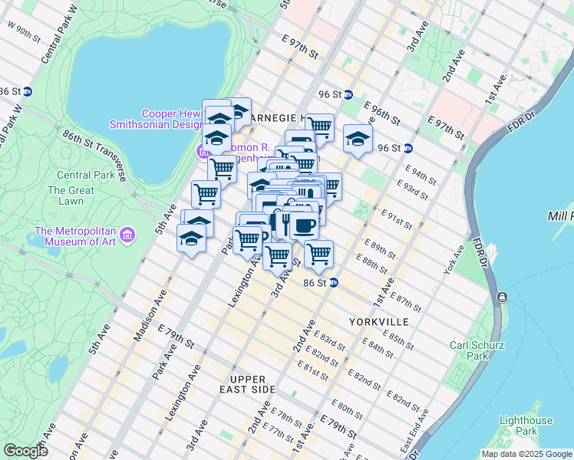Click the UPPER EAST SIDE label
click(247, 384)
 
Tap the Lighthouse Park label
click(525, 426)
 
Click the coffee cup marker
click(305, 225)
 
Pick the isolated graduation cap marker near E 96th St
click(357, 139)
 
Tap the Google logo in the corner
click(25, 451)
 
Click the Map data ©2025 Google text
click(526, 453)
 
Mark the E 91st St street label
click(398, 222)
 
